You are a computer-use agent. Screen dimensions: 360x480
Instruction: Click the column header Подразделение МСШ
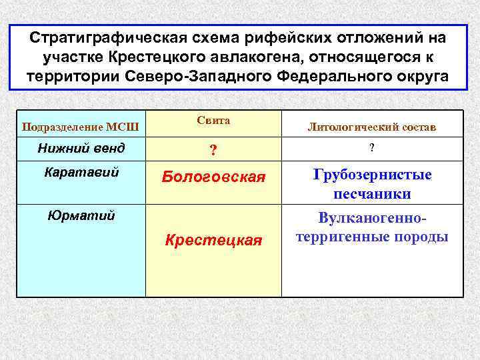point(81,127)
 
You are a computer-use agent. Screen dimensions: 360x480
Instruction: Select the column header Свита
point(213,121)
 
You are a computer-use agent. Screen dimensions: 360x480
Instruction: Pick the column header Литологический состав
point(372,127)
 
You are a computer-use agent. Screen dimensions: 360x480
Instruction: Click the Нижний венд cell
point(81,148)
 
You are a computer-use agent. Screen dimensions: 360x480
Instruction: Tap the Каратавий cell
point(81,172)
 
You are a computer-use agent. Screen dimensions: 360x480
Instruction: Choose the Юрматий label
point(81,215)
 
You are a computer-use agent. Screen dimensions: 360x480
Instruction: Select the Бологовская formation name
point(213,177)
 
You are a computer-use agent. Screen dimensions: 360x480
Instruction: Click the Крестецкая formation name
point(213,240)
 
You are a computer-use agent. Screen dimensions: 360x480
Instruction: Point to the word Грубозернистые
point(372,175)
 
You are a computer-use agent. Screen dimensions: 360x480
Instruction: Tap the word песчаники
point(372,194)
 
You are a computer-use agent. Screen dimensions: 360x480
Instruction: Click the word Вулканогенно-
point(372,219)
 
